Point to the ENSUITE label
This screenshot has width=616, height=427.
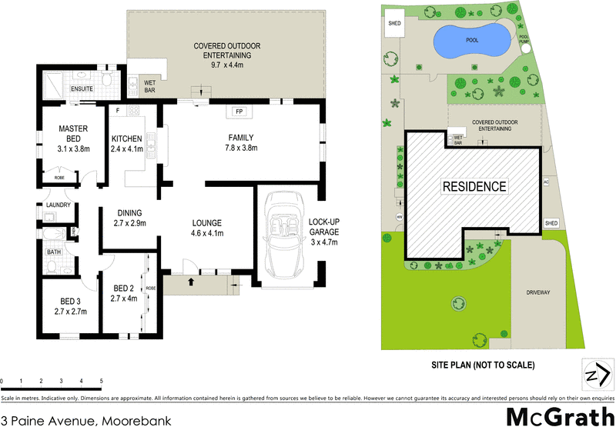(82, 88)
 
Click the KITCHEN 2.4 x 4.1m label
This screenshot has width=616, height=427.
(127, 144)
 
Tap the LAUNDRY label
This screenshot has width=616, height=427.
(59, 205)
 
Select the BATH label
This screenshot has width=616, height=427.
(53, 251)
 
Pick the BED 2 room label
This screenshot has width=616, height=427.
(123, 293)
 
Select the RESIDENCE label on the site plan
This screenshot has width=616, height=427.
(474, 186)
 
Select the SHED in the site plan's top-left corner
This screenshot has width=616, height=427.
(393, 24)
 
